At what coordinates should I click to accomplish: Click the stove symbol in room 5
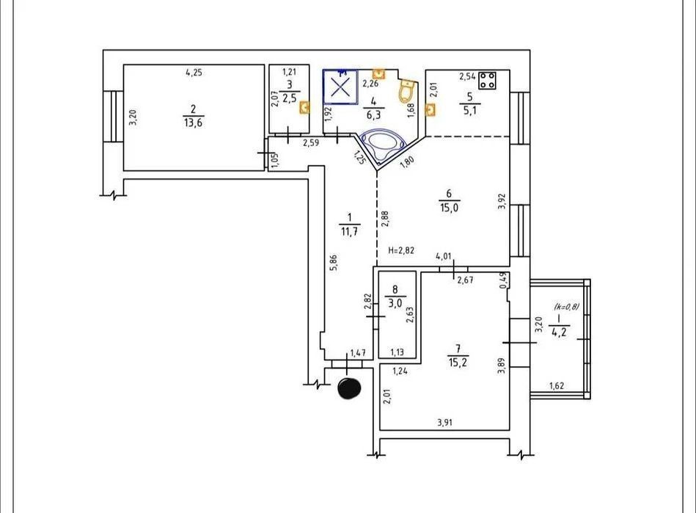click(488, 81)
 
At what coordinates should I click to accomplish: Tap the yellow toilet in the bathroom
click(406, 91)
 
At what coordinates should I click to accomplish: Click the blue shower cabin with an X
click(340, 87)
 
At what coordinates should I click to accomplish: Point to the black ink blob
click(349, 388)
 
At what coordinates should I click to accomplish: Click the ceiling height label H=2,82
click(401, 250)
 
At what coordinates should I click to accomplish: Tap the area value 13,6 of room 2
click(193, 123)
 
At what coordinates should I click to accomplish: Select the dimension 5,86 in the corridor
click(334, 261)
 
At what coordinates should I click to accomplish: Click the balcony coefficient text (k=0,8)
click(566, 306)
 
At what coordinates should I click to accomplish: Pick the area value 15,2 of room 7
click(458, 363)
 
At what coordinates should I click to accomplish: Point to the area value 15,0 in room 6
click(450, 208)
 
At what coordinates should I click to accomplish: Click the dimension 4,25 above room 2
click(194, 72)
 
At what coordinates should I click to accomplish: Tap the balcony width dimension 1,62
click(557, 385)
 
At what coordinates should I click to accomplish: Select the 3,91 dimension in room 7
click(444, 423)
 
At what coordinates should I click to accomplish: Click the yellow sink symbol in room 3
click(304, 107)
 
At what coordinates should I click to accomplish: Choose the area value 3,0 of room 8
click(395, 303)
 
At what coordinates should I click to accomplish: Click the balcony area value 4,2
click(559, 332)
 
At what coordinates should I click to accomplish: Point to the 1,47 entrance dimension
click(358, 353)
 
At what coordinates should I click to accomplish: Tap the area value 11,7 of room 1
click(349, 231)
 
